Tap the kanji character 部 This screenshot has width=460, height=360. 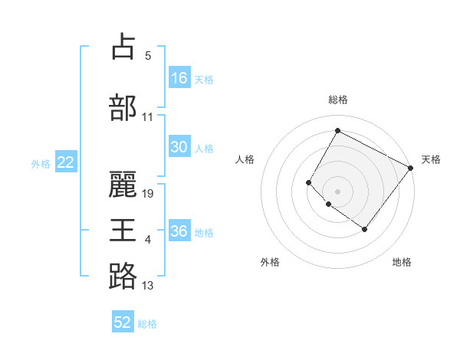pyautogui.click(x=123, y=106)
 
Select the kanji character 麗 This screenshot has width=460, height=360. pyautogui.click(x=123, y=182)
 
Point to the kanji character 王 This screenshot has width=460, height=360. pyautogui.click(x=123, y=230)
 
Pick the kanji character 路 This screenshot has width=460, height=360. pyautogui.click(x=123, y=276)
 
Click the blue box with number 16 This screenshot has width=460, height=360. pyautogui.click(x=179, y=78)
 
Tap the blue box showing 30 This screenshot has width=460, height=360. pyautogui.click(x=179, y=148)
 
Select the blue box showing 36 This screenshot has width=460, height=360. pyautogui.click(x=179, y=232)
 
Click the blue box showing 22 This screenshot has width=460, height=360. pyautogui.click(x=66, y=162)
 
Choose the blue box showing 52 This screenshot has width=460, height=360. pyautogui.click(x=123, y=322)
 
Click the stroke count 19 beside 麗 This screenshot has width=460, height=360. pyautogui.click(x=149, y=193)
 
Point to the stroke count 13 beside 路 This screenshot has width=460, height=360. pyautogui.click(x=148, y=286)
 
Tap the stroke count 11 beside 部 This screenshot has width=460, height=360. pyautogui.click(x=148, y=117)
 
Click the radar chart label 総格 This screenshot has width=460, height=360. pyautogui.click(x=337, y=100)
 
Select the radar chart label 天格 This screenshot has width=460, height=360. pyautogui.click(x=431, y=159)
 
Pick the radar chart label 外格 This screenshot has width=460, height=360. pyautogui.click(x=270, y=262)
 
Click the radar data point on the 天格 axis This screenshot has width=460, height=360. pyautogui.click(x=410, y=168)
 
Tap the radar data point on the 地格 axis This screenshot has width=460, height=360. pyautogui.click(x=365, y=229)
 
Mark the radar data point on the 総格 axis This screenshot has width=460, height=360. pyautogui.click(x=337, y=130)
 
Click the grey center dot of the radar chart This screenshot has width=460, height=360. pyautogui.click(x=337, y=191)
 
